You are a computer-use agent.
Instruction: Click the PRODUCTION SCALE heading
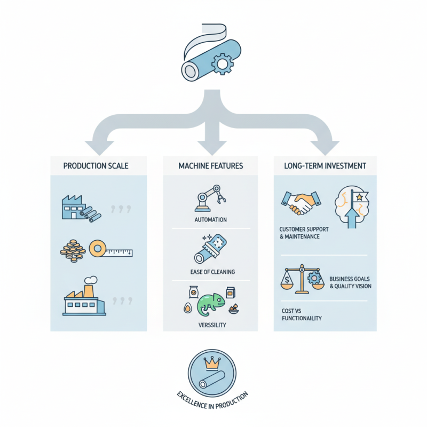click(x=96, y=166)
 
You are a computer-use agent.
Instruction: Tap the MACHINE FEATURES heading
click(x=211, y=166)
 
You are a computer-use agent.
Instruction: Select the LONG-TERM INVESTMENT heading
click(x=325, y=166)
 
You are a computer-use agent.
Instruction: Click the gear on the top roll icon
click(x=223, y=65)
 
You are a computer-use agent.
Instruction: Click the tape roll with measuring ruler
click(x=110, y=250)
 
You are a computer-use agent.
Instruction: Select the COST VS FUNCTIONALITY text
click(x=302, y=314)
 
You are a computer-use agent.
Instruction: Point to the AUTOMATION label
click(x=211, y=220)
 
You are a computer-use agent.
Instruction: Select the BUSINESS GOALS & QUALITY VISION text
click(x=350, y=282)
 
